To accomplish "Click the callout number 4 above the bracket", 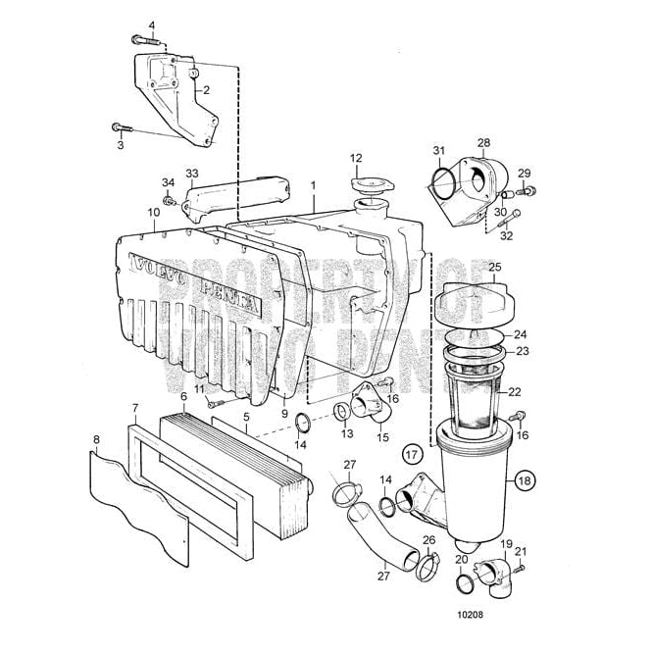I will click(x=152, y=25).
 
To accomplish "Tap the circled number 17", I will click(x=413, y=454).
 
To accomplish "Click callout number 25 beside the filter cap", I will click(x=494, y=267).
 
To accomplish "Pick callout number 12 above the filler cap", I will click(x=357, y=158).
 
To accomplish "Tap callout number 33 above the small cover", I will click(x=192, y=174).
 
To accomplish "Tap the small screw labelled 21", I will click(x=520, y=567).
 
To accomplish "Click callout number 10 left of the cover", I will click(x=154, y=212).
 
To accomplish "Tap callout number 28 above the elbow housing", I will click(x=483, y=143).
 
